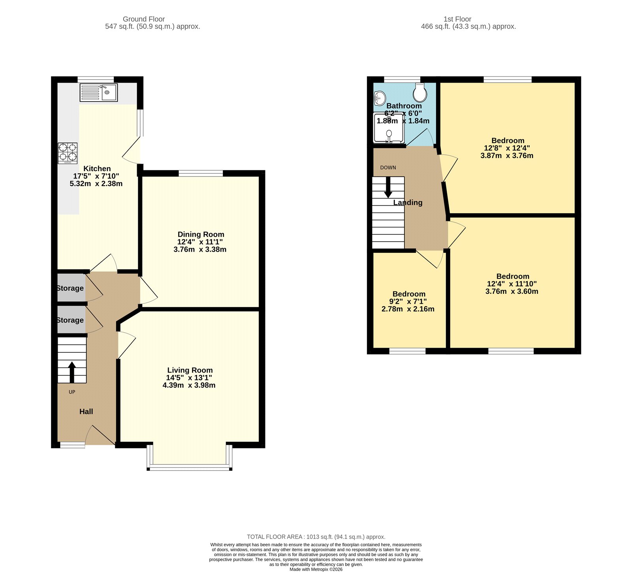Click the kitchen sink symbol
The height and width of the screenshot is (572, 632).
tap(99, 92)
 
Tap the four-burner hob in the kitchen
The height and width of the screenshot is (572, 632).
tap(68, 153)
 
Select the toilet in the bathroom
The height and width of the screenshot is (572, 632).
tap(419, 92)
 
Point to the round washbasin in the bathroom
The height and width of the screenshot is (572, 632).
tap(380, 98)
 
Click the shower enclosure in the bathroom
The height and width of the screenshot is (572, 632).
tap(389, 128)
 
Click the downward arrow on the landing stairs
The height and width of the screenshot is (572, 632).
tap(388, 187)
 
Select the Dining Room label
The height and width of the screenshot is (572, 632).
tap(201, 234)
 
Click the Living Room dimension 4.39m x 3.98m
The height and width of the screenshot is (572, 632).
tap(189, 385)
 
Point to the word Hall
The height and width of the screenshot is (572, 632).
tap(86, 412)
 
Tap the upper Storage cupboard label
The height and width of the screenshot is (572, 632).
tap(70, 288)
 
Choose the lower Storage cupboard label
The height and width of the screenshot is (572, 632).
tap(70, 320)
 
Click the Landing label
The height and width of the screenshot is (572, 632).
tap(408, 203)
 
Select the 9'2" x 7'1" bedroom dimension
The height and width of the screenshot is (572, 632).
tap(408, 301)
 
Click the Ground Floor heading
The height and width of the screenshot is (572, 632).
tap(143, 19)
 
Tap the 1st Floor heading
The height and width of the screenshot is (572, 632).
tap(457, 19)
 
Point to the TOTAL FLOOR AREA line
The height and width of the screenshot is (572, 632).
tap(316, 537)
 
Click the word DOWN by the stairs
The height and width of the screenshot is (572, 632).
tap(388, 167)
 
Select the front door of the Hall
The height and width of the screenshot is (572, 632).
tap(100, 436)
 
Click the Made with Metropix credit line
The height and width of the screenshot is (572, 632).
tap(316, 569)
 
